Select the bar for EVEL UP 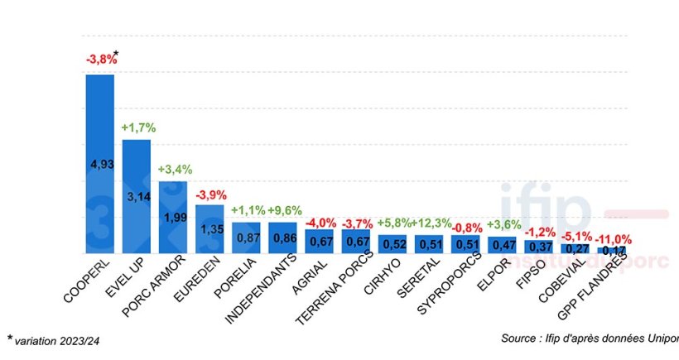click(137, 196)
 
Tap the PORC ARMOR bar click(173, 217)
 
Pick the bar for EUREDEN click(209, 229)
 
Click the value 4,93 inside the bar click(100, 164)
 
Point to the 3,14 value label click(137, 197)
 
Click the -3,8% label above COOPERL click(101, 60)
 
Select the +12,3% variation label click(431, 223)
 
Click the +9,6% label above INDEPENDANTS click(284, 210)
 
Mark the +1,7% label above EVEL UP click(138, 127)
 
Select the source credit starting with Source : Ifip click(589, 338)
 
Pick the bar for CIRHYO click(392, 244)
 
